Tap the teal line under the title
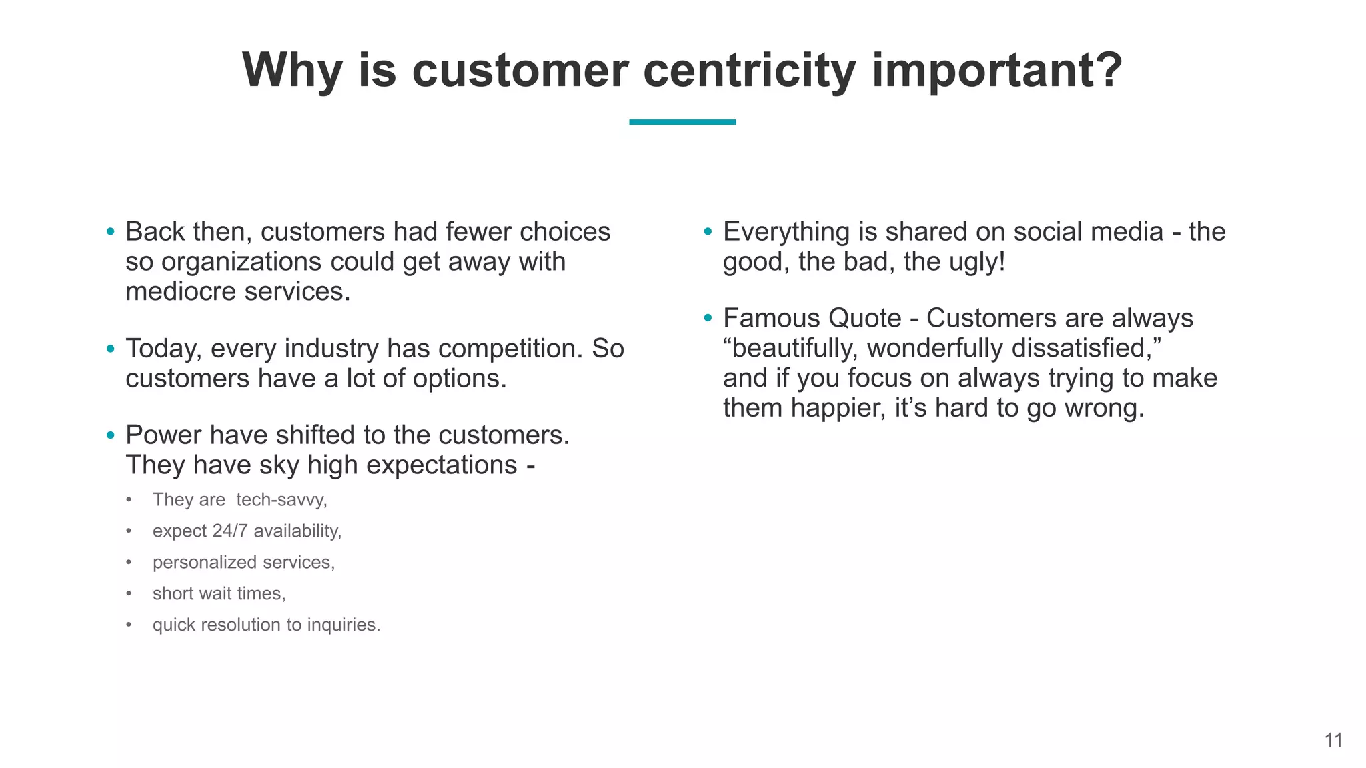tap(682, 122)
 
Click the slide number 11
tap(1333, 740)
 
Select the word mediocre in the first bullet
tap(181, 291)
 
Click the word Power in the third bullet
tap(163, 435)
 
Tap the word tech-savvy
tap(281, 499)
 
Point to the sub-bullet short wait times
tap(219, 593)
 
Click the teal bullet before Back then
tap(111, 232)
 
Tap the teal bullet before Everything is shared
tap(708, 232)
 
